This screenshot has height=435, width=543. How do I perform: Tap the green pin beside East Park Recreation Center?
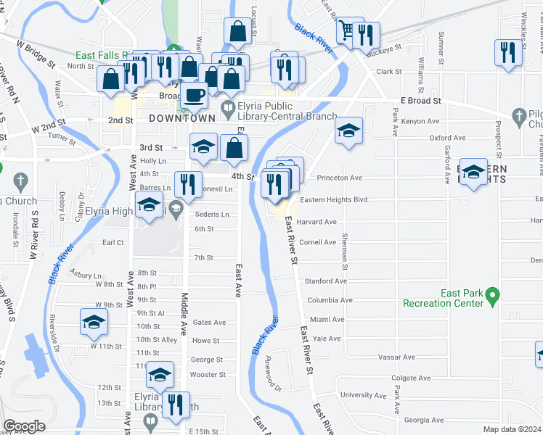pos(493,296)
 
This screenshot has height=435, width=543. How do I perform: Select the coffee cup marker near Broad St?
pos(194,95)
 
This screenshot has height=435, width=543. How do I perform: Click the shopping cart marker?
pos(346,30)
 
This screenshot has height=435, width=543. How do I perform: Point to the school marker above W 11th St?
pos(94,321)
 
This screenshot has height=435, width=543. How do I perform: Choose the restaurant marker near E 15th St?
pos(175,405)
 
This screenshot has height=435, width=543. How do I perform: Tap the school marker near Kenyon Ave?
pos(348,131)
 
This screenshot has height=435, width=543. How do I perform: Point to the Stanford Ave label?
pos(326,281)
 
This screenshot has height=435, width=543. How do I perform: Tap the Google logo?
pos(25,426)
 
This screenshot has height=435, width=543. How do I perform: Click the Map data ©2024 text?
pos(512,429)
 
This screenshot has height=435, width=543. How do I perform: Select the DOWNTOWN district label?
pos(181,117)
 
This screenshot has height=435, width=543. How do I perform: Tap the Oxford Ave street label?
pos(447,137)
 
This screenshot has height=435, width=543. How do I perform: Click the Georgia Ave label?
pos(424,420)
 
